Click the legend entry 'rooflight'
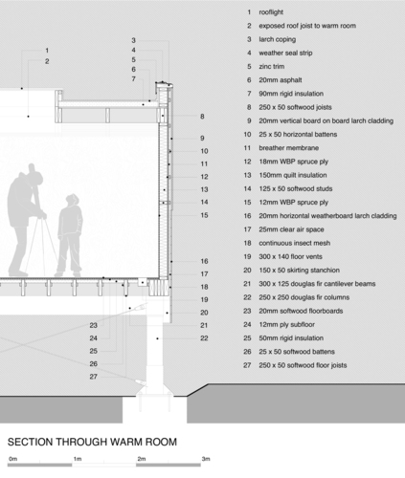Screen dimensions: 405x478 coord(271,12)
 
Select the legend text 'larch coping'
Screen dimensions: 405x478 coord(277,39)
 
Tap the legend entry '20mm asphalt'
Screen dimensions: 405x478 coord(281,80)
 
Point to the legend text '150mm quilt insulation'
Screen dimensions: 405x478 coord(293,175)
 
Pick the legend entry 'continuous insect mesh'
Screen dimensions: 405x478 coord(294,243)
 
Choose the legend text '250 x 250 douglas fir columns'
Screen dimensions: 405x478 coord(304,297)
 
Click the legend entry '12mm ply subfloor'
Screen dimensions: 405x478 coord(286,324)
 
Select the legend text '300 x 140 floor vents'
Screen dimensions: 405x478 coord(290,256)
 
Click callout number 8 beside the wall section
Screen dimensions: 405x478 coord(202,117)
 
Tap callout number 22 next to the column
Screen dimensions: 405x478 coord(204,338)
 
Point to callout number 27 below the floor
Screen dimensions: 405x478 coord(93,377)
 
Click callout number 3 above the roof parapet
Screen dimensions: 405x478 coord(133,40)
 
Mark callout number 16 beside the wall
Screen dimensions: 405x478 coord(204,261)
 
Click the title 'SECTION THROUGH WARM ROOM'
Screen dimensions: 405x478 coord(92,442)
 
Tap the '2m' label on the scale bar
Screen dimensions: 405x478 coord(142,459)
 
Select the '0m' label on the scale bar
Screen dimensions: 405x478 coord(13,459)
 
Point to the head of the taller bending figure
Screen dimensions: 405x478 coord(34,177)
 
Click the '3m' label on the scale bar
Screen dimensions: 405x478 coord(206,459)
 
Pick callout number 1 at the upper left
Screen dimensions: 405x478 coord(47,51)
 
